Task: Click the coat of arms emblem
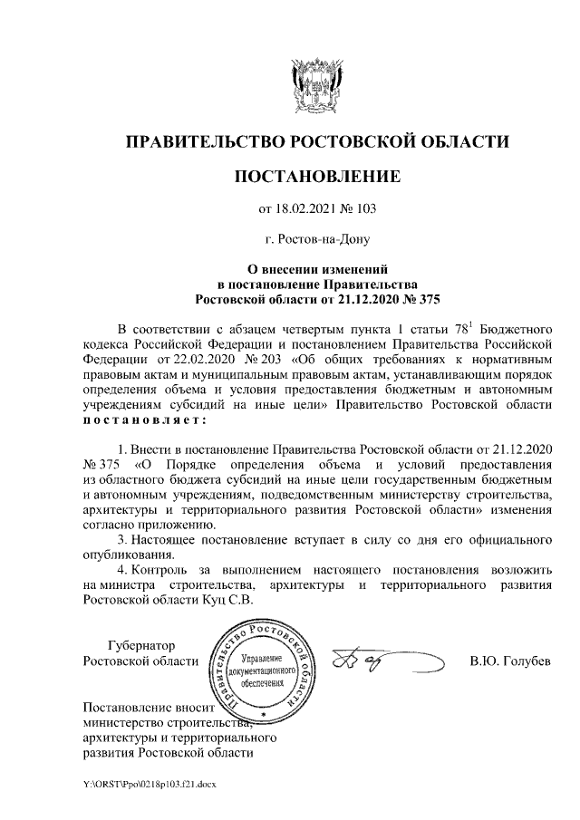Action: tap(315, 85)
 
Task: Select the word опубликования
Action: tap(127, 555)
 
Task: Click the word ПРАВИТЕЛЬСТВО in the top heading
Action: tap(203, 141)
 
